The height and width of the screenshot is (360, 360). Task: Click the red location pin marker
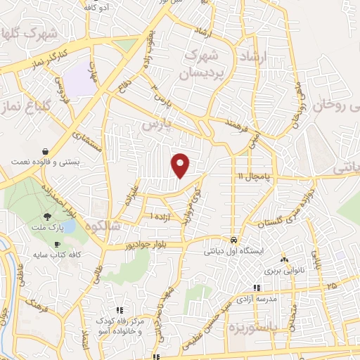click(x=181, y=165)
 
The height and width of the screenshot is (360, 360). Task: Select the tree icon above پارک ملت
click(x=47, y=217)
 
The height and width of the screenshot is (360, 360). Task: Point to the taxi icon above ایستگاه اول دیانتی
click(x=234, y=238)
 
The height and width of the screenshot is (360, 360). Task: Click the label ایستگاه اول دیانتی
click(x=233, y=250)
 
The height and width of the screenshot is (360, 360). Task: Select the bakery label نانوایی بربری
click(x=283, y=270)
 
